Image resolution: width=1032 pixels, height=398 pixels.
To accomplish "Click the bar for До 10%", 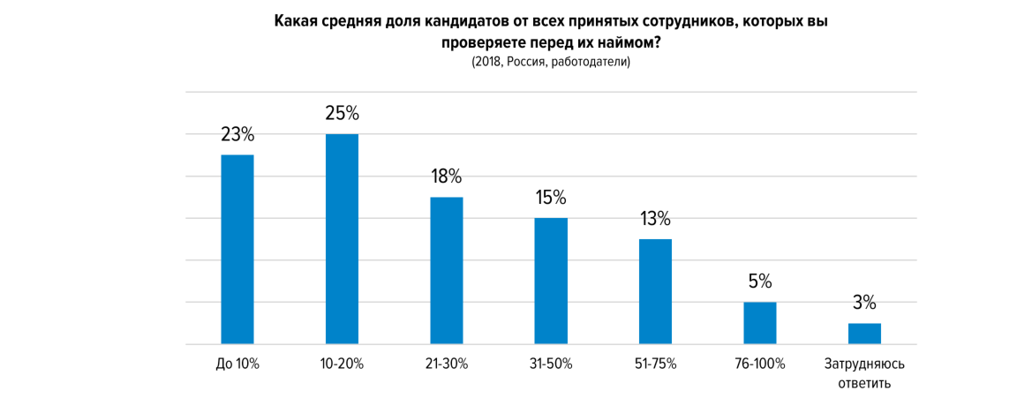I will point(237,249).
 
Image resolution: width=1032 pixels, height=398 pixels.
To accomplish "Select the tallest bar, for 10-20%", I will point(342,238).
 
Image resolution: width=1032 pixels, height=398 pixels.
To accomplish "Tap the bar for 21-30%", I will point(446,270).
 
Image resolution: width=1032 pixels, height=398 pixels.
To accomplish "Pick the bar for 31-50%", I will point(551,281).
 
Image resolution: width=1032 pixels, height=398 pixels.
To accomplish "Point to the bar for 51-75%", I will point(655,291).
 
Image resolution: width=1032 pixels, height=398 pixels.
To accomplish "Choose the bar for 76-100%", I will point(759,323).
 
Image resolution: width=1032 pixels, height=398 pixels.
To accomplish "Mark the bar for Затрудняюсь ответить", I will point(864,334).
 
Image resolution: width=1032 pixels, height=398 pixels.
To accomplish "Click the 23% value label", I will point(237,135).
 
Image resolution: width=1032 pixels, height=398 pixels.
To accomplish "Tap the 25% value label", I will point(342,114).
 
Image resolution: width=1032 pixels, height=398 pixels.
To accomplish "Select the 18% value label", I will point(446,176).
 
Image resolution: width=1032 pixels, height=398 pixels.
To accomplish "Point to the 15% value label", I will point(551,198).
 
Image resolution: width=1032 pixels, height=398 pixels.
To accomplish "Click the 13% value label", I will point(655,219).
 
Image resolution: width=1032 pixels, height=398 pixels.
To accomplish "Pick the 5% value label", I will point(759,282).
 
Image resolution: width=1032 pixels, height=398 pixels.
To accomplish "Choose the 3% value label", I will point(864,304).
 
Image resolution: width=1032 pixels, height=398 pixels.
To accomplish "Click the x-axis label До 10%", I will point(237,364).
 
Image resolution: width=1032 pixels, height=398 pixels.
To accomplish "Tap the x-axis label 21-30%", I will point(446,364).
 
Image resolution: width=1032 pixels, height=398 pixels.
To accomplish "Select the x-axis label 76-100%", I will point(759,364).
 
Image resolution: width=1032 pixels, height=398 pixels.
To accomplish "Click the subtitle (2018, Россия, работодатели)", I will point(551,63).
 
